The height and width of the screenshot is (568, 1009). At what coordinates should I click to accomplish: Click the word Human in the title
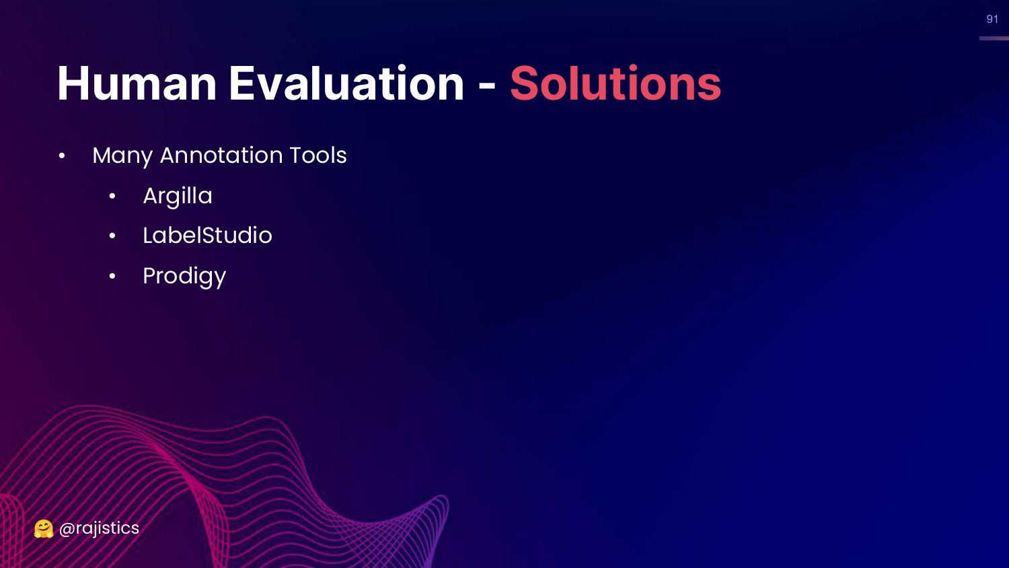click(137, 83)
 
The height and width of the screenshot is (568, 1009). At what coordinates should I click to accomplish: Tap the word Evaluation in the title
click(346, 83)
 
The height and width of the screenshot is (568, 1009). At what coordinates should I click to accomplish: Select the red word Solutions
click(615, 83)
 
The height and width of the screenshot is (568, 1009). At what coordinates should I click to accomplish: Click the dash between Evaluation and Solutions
click(487, 85)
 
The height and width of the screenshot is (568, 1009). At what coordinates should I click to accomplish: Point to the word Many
click(122, 156)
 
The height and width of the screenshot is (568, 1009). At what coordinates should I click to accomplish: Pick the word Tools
click(318, 155)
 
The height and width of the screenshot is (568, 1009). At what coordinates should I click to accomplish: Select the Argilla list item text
click(178, 197)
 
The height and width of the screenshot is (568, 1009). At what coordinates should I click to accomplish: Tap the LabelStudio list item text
click(207, 236)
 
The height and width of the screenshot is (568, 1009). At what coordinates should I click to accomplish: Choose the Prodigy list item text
click(184, 277)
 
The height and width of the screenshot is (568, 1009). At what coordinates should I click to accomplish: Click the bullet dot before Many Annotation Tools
click(62, 156)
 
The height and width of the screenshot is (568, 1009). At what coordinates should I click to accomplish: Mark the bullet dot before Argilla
click(112, 196)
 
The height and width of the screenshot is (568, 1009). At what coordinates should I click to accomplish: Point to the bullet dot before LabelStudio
click(112, 236)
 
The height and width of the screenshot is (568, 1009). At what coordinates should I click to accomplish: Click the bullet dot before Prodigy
click(112, 276)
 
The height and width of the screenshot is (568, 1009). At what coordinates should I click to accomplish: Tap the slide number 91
click(992, 19)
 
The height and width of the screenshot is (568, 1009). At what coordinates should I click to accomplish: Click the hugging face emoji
click(44, 529)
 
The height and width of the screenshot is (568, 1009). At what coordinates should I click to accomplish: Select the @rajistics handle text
click(99, 528)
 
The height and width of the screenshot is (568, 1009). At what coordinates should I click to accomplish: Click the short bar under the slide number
click(994, 38)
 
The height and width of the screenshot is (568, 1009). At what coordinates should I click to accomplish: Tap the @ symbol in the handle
click(67, 529)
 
